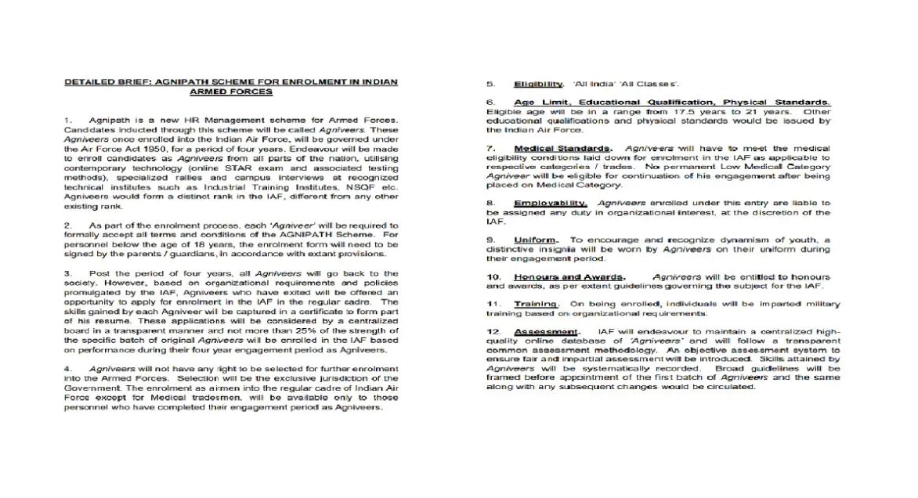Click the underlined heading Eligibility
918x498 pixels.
click(538, 84)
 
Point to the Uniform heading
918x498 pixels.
click(536, 240)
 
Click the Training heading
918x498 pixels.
click(537, 304)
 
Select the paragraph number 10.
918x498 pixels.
click(493, 277)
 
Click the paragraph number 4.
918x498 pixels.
click(68, 369)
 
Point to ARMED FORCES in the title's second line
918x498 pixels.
click(231, 92)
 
